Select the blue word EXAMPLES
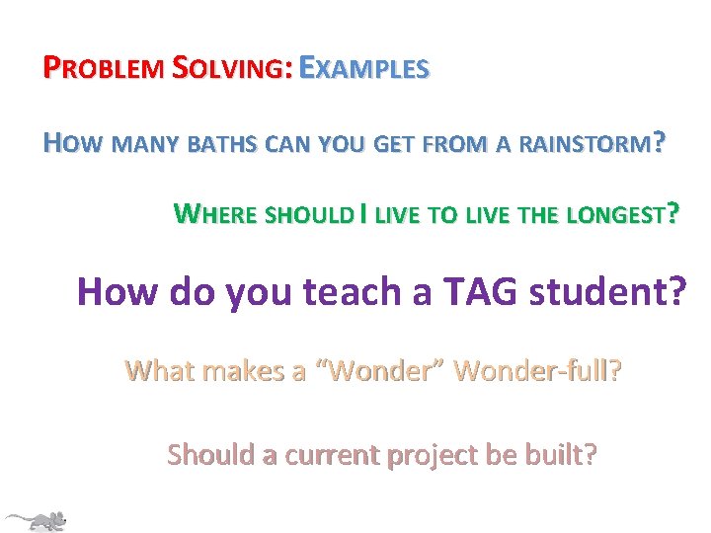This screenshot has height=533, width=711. click(x=364, y=69)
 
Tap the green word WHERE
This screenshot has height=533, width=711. click(x=218, y=212)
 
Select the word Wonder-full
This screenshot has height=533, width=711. click(x=535, y=372)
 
